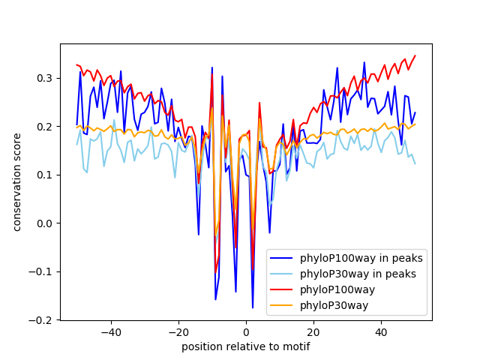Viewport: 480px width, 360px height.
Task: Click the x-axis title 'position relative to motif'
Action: (x=245, y=346)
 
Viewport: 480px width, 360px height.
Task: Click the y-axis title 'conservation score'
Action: (x=17, y=181)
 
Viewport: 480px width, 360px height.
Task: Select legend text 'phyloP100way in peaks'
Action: (x=361, y=259)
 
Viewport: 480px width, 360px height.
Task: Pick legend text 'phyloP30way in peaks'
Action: (x=358, y=274)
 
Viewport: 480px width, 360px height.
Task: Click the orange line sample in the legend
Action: (x=282, y=304)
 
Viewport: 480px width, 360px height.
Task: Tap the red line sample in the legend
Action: (x=282, y=289)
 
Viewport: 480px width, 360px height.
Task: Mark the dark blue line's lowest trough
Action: (x=253, y=307)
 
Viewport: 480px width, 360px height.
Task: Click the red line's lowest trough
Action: (x=215, y=271)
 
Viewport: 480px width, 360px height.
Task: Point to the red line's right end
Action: (x=415, y=55)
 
